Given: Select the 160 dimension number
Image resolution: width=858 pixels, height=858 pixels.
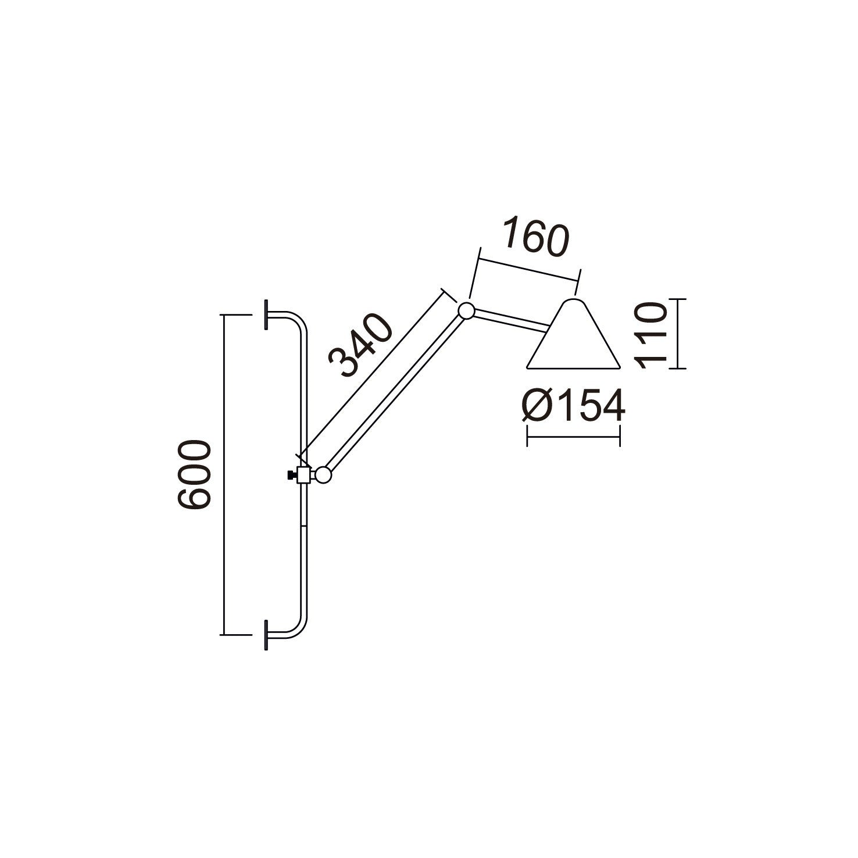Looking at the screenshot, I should [x=535, y=237].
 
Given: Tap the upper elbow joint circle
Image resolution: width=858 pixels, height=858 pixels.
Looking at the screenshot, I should [x=466, y=310].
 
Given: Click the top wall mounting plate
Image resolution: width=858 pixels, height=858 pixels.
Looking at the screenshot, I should [x=266, y=315].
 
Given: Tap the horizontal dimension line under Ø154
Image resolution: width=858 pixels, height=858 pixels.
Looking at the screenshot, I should [x=573, y=436].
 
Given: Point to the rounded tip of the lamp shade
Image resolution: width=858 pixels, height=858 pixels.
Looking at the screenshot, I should [x=573, y=303].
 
